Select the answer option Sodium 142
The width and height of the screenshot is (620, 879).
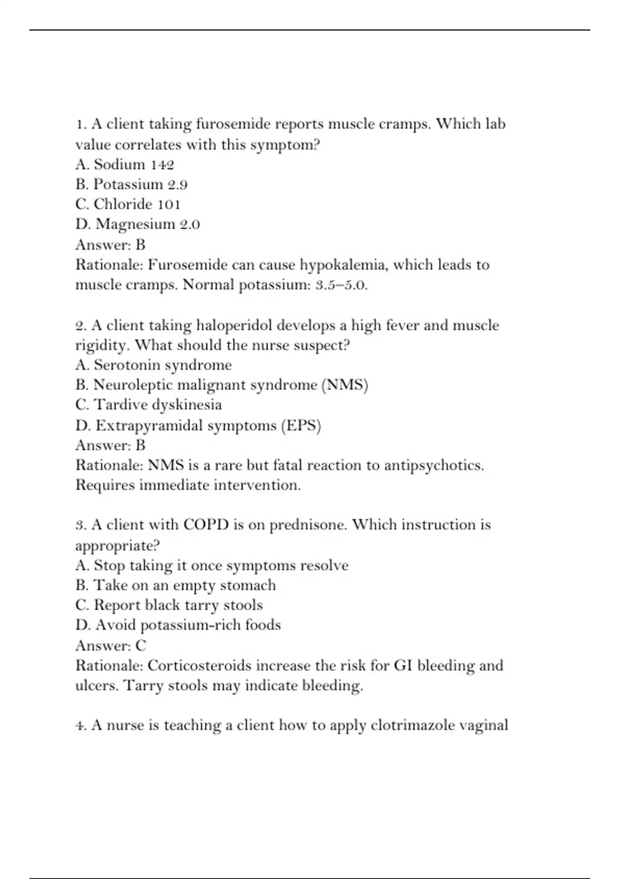pos(125,164)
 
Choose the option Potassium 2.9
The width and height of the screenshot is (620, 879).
pos(131,185)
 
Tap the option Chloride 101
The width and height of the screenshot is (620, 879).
pos(128,204)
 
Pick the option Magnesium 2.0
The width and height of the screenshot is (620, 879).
pos(137,224)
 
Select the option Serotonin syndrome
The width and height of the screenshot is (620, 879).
pos(153,365)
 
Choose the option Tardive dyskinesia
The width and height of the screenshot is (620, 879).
pos(148,405)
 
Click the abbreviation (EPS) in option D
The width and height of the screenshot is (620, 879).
pos(301,426)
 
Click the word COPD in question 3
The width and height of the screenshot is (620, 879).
pos(206,525)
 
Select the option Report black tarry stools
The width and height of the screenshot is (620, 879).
pos(169,605)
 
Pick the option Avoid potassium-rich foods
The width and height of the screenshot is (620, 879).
pos(178,625)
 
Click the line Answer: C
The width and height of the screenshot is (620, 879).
pos(111,645)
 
